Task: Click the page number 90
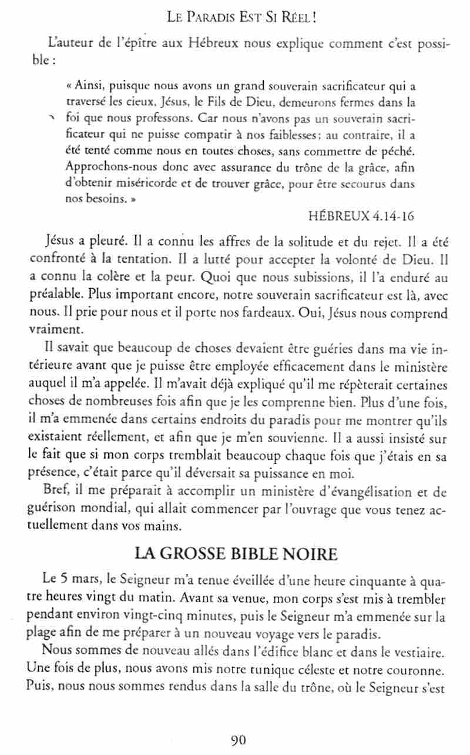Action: (x=237, y=740)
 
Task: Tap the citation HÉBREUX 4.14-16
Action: (x=361, y=215)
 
